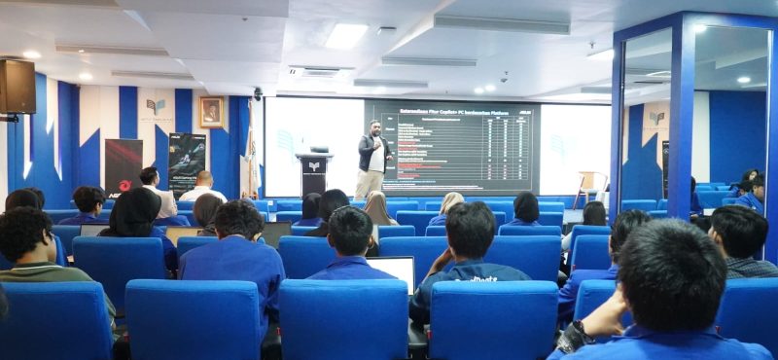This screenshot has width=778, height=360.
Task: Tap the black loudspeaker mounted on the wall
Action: pos(17,86)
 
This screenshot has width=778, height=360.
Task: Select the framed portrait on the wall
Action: pos(211,112)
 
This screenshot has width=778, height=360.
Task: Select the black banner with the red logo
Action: pos(124,165)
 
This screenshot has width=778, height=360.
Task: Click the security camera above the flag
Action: pos(258,93)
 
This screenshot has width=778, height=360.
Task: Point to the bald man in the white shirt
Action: pos(203,187)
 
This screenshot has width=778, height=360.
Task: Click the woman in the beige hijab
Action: pos(377,208)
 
